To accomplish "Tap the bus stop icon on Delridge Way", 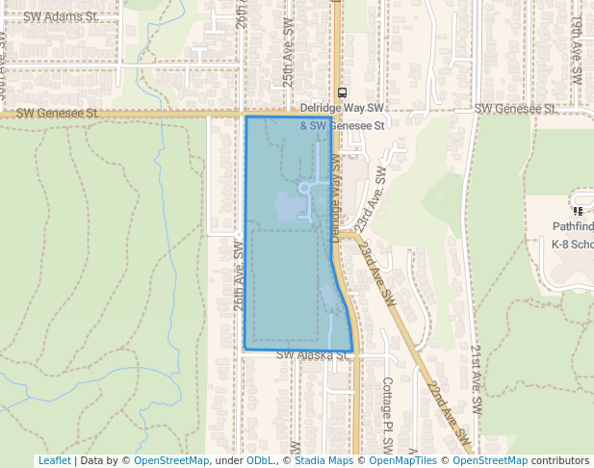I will click(342, 92).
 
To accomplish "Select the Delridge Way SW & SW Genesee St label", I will click(342, 117).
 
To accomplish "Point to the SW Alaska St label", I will click(311, 355).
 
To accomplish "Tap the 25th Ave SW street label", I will click(287, 65).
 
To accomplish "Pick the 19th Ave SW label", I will click(577, 60).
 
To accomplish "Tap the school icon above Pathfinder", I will click(578, 211).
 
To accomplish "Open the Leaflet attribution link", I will click(54, 460).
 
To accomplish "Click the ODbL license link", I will click(259, 460).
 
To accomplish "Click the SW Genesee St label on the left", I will click(58, 113).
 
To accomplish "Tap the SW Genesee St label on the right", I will click(516, 109).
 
